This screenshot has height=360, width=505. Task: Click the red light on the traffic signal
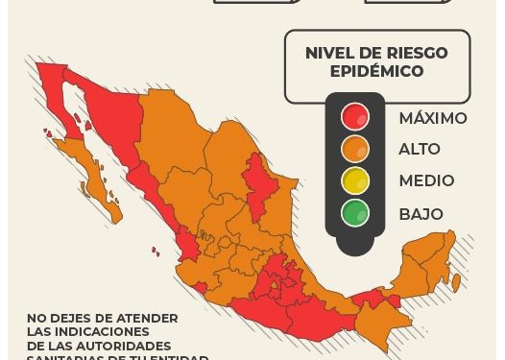click(355, 117)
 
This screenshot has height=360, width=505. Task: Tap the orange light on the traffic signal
click(355, 149)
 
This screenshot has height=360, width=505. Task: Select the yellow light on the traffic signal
click(355, 180)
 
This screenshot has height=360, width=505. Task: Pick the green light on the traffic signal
click(355, 212)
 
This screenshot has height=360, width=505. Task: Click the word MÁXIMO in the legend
click(432, 118)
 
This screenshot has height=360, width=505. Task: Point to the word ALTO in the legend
click(420, 149)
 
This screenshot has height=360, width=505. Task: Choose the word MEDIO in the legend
click(426, 180)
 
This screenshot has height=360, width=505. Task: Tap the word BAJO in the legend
click(421, 213)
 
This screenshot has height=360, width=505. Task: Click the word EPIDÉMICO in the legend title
click(377, 71)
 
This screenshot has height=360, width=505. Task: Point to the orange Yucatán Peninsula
click(427, 259)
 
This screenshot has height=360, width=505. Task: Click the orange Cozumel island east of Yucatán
click(456, 282)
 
